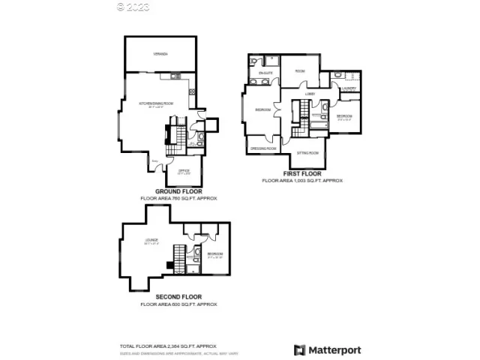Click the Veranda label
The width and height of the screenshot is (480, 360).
(160, 54)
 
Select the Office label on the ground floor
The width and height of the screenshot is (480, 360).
(184, 171)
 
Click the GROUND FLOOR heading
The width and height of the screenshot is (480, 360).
(178, 191)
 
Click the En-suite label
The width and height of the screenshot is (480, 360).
(265, 73)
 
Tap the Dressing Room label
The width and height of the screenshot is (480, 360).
(262, 148)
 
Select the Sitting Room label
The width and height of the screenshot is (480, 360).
(307, 152)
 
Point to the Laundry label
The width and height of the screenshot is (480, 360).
(348, 89)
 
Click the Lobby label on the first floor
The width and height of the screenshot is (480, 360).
(310, 94)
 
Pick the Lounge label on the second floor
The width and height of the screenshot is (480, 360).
(151, 241)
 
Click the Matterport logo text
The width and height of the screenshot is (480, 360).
(335, 349)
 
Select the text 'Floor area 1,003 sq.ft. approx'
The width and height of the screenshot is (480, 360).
(302, 181)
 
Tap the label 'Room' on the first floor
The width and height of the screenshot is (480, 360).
(300, 71)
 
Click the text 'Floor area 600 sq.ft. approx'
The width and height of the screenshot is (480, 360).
(178, 304)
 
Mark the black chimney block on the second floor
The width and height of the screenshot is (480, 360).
(170, 264)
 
